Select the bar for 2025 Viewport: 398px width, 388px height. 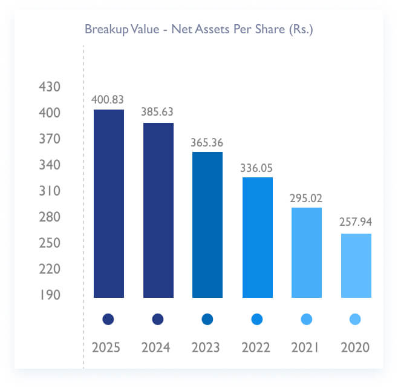click(x=108, y=203)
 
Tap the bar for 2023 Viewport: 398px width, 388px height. click(x=207, y=225)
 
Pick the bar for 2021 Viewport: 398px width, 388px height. click(x=307, y=252)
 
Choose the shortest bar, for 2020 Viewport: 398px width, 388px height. click(x=356, y=265)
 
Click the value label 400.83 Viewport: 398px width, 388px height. click(x=108, y=99)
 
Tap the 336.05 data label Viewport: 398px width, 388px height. click(x=257, y=167)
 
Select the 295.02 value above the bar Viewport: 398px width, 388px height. click(x=307, y=197)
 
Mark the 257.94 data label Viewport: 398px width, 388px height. click(x=356, y=223)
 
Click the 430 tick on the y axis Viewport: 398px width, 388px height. click(x=50, y=87)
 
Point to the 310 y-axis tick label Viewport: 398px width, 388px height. click(x=50, y=191)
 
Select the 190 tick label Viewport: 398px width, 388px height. click(x=50, y=295)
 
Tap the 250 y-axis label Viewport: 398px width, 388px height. click(x=50, y=243)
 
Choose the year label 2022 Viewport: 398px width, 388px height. click(x=257, y=348)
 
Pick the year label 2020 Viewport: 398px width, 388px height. click(x=356, y=348)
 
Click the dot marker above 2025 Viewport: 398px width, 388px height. click(x=108, y=319)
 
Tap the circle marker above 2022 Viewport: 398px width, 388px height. click(x=257, y=319)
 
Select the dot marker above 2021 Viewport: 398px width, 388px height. click(x=307, y=319)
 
